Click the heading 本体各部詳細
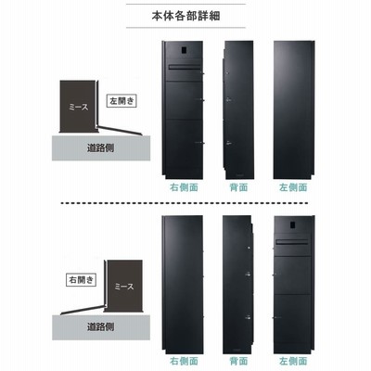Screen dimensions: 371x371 click(185, 16)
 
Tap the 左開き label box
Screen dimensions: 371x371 click(122, 101)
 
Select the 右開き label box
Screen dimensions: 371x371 click(82, 280)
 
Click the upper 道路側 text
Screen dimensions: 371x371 click(100, 148)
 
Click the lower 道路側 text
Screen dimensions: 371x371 click(100, 326)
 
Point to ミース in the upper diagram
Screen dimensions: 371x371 click(79, 108)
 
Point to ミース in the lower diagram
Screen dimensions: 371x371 click(124, 287)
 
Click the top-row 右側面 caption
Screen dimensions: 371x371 click(184, 187)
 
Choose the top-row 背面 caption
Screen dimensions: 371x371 click(238, 187)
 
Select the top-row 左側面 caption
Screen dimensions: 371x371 click(293, 187)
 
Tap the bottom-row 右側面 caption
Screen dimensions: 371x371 click(184, 361)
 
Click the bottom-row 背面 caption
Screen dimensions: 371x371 click(238, 361)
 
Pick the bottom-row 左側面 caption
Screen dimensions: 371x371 click(293, 361)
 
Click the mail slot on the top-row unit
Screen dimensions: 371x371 click(184, 67)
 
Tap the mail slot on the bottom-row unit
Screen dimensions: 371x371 click(292, 243)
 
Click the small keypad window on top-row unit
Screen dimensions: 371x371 click(183, 50)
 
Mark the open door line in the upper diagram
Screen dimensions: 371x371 click(119, 130)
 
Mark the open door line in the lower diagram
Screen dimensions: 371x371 click(83, 311)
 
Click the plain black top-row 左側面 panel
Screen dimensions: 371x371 click(294, 109)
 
